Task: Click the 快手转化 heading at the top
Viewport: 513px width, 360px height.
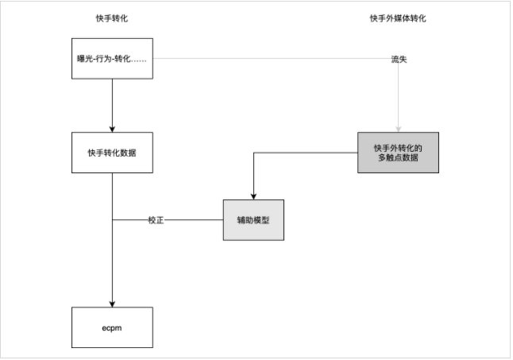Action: coord(112,19)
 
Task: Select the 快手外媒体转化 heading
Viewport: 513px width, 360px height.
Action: coord(398,19)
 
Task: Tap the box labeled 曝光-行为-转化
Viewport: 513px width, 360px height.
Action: coord(112,60)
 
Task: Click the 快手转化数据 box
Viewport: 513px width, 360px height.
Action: coord(112,152)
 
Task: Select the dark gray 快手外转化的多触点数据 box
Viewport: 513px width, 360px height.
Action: coord(398,152)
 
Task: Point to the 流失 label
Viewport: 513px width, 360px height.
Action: coord(398,60)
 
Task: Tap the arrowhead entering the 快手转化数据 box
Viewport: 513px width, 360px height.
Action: coord(112,127)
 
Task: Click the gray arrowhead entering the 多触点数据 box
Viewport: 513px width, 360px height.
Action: coord(398,127)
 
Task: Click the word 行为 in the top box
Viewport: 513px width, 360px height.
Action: coord(102,60)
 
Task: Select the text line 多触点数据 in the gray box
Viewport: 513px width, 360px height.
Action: coord(398,157)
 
